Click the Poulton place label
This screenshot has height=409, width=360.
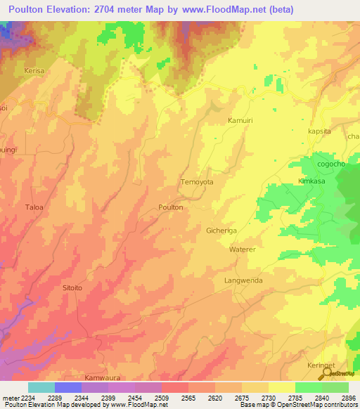point(171,207)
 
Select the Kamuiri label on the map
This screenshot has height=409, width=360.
point(240,121)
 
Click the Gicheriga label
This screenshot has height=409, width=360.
point(224,231)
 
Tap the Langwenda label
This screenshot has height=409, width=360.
point(243,280)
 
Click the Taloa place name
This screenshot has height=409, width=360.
point(34,207)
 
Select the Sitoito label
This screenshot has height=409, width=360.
point(73,288)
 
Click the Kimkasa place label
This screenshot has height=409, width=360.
point(314,181)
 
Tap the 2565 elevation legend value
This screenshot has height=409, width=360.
point(188,397)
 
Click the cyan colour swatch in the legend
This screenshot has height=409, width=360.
point(41,387)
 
